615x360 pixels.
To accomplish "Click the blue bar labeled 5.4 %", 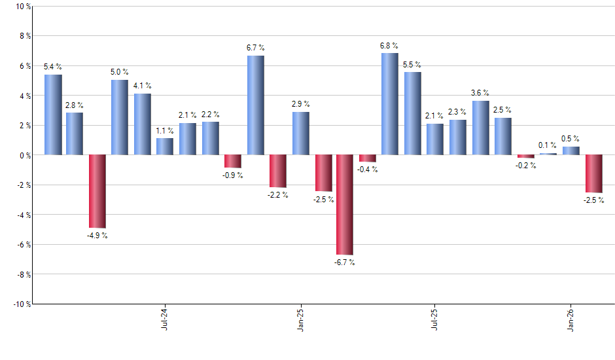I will pos(53,115).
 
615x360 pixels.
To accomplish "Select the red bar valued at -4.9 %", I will pos(97,191).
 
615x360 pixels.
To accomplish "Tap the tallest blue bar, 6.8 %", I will pos(389,104).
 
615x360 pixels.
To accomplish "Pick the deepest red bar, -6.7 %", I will pos(345,204).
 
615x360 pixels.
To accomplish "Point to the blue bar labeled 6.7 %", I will pos(256,105).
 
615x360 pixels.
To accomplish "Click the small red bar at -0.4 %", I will pos(368,158).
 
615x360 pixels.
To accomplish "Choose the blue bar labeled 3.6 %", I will pos(480,128).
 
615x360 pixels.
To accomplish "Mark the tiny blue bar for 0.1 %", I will pos(548,154).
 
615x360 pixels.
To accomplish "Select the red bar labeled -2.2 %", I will pos(278,171).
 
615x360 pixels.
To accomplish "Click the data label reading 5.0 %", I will pos(120,72).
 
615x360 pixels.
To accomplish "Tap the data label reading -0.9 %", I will pos(233,175).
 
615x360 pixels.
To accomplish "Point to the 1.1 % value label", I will pos(165,130).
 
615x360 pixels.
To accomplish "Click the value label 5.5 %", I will pos(412,65).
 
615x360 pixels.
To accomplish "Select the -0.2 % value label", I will pos(525,165).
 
